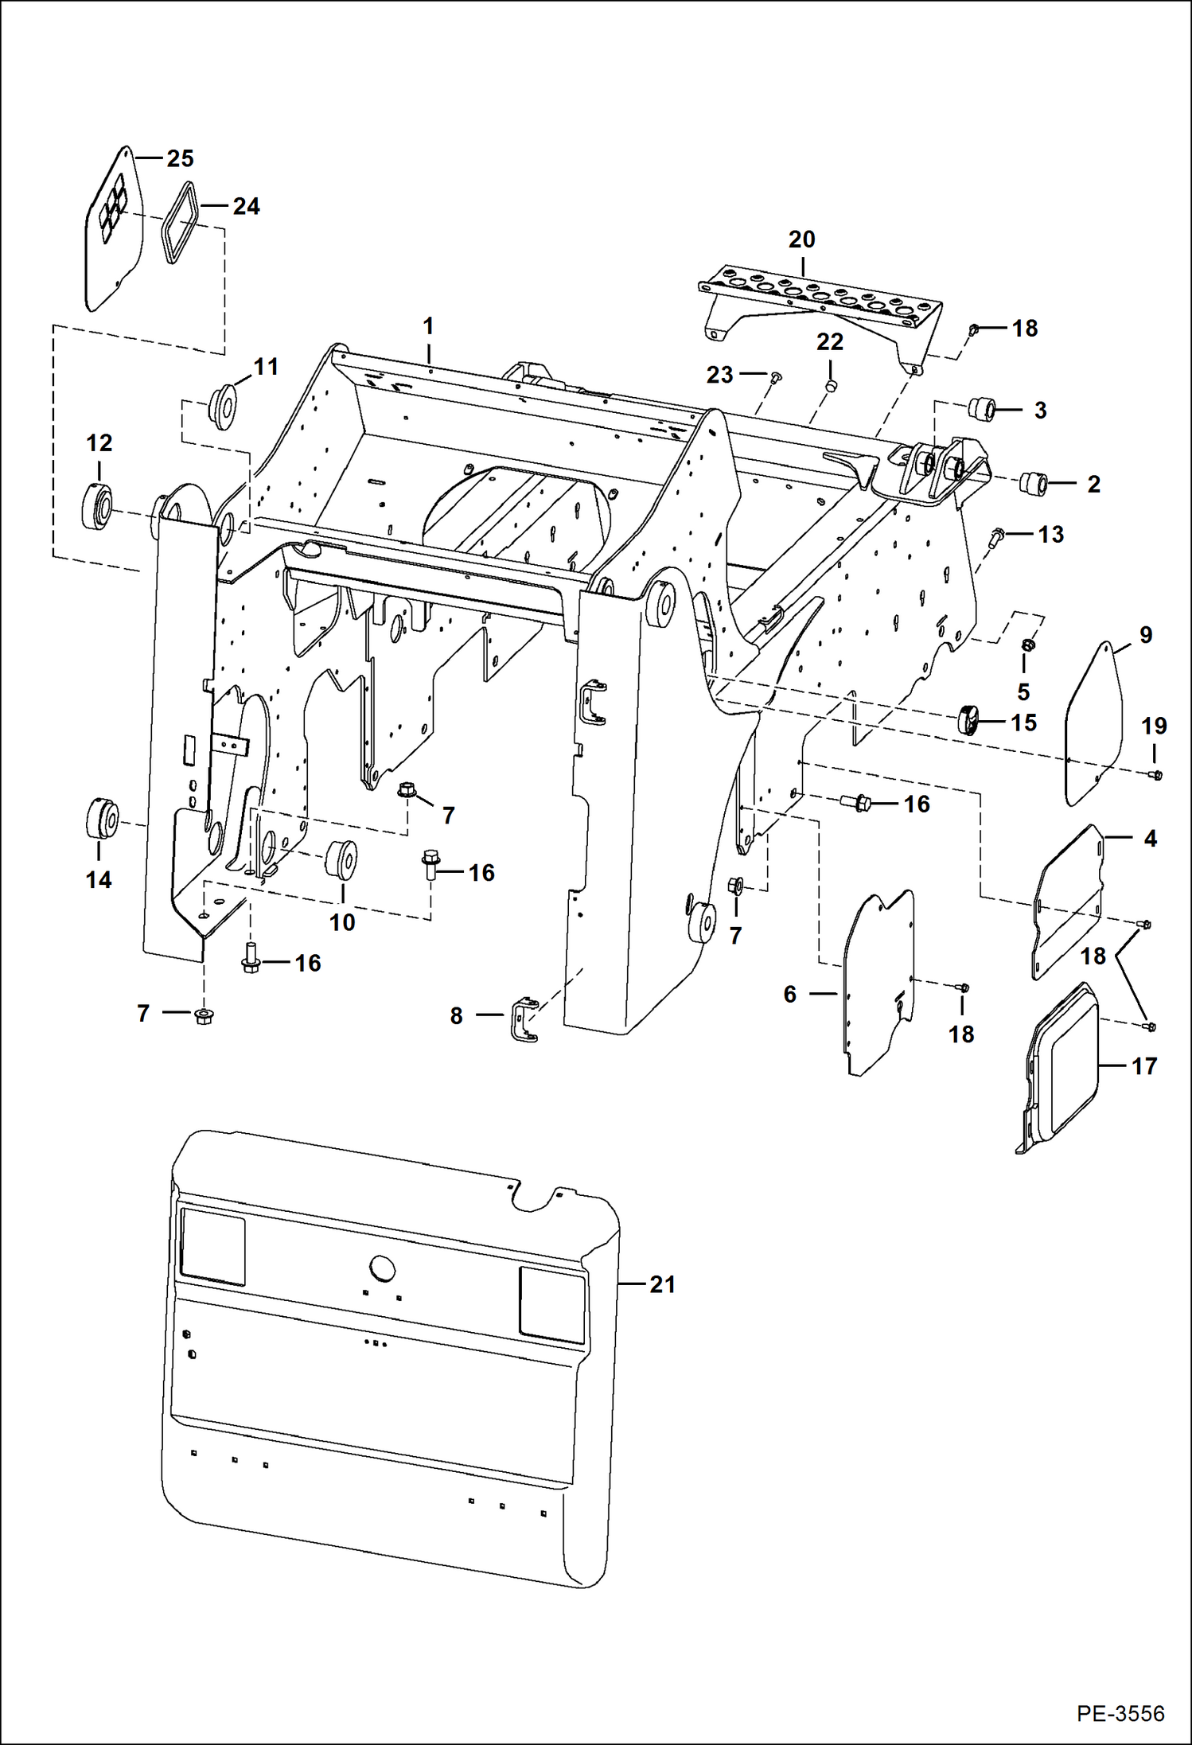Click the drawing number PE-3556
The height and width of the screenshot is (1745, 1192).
pyautogui.click(x=1120, y=1713)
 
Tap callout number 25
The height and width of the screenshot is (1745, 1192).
pyautogui.click(x=180, y=158)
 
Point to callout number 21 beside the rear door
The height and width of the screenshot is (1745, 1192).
pyautogui.click(x=662, y=1284)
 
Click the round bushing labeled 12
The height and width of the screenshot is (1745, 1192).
pyautogui.click(x=97, y=505)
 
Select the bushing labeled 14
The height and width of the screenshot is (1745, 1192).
pyautogui.click(x=101, y=819)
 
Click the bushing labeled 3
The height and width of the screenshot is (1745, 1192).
pyautogui.click(x=982, y=411)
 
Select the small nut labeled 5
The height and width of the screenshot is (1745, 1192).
pyautogui.click(x=1027, y=643)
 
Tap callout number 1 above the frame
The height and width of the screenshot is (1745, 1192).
pyautogui.click(x=428, y=326)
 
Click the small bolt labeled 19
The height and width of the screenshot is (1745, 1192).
pyautogui.click(x=1156, y=774)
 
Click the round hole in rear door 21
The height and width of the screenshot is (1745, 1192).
pyautogui.click(x=383, y=1268)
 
